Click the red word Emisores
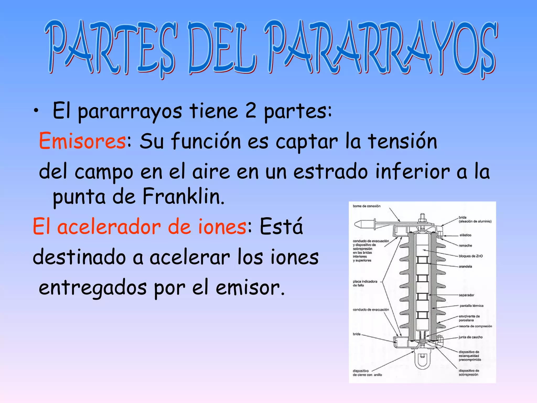(x=82, y=141)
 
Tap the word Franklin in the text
(x=183, y=197)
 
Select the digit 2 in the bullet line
(x=250, y=111)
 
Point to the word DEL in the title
(x=222, y=49)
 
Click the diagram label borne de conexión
(x=366, y=206)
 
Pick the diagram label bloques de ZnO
(x=470, y=256)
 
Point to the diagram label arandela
(x=465, y=267)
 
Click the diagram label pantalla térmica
(x=471, y=306)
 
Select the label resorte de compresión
(x=475, y=326)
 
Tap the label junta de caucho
(x=470, y=337)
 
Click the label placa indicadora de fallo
(x=365, y=283)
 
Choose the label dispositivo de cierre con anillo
(x=367, y=373)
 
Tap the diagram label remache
(x=465, y=246)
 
